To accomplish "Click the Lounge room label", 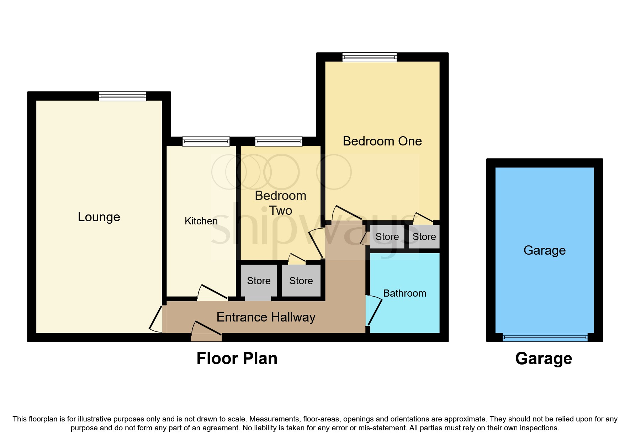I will pos(99,217).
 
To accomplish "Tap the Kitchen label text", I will pos(201,221).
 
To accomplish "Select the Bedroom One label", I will pos(382,141).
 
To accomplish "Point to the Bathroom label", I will pos(404,293).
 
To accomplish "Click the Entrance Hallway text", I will pos(266,317).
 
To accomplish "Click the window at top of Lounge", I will pos(122,96).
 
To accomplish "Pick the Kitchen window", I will pos(206,142).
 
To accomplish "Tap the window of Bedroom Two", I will pos(279,142).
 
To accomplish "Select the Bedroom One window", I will pos(369,57).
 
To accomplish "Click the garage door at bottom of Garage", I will pos(545,338).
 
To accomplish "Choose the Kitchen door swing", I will pos(213,293).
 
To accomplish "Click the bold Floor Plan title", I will pos(237,358).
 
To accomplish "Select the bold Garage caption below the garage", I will pos(544,358).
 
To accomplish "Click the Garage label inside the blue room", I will pos(544,250).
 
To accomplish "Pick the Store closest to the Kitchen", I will pos(259,281).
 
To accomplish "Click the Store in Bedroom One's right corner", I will pos(424,237).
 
